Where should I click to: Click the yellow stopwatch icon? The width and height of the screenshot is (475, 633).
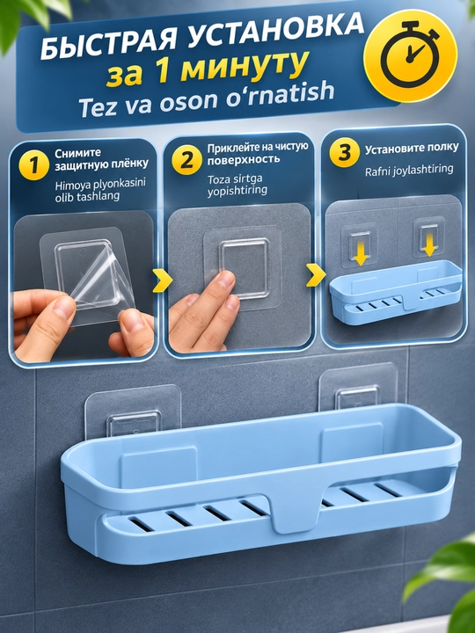point(411,55)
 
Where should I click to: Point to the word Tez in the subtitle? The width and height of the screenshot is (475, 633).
point(98,106)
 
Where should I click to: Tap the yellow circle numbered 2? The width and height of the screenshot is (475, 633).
point(186,160)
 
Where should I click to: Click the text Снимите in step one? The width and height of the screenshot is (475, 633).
point(78,153)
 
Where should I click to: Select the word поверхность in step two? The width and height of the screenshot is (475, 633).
point(244,158)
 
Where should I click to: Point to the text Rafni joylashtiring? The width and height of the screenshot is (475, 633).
point(409,171)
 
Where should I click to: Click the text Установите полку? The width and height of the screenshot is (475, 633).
point(412,149)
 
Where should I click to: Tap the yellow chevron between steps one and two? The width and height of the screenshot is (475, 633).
point(163,280)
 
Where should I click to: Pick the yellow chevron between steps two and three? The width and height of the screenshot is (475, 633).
point(316,276)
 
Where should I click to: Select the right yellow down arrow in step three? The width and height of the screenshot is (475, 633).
point(430,246)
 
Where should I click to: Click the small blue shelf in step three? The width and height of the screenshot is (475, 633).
point(396,291)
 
